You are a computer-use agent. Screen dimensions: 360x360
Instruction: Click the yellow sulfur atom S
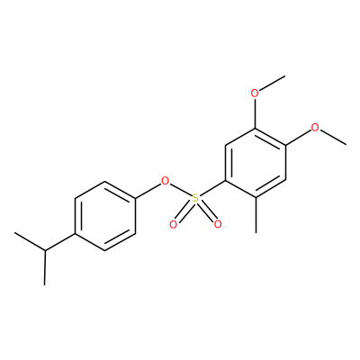[x=195, y=198]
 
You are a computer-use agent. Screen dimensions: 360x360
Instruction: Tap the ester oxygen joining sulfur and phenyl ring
[x=165, y=181]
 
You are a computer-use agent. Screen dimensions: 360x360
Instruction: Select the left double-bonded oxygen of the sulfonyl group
[x=173, y=224]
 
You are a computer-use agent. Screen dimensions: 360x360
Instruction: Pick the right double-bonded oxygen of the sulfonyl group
[x=218, y=224]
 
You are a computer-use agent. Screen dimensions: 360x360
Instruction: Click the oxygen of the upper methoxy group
[x=255, y=94]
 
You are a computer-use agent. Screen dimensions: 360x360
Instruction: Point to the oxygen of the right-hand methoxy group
[x=315, y=128]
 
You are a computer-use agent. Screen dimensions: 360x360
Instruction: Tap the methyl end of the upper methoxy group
[x=284, y=76]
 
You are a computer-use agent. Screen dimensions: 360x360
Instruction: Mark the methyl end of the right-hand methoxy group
[x=346, y=145]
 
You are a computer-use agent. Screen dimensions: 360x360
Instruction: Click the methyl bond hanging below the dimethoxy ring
[x=256, y=215]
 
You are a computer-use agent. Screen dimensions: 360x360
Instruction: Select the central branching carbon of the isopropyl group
[x=45, y=250]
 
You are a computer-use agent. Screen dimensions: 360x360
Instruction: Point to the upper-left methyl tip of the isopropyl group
[x=14, y=232]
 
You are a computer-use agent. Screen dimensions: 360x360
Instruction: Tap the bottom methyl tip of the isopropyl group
[x=45, y=284]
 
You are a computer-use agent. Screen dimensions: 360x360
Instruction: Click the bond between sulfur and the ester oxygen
[x=180, y=190]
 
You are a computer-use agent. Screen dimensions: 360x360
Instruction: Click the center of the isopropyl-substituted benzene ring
[x=105, y=216]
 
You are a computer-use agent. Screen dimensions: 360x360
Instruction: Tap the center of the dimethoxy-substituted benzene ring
[x=256, y=163]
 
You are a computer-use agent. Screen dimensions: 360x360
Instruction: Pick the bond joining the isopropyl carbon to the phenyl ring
[x=60, y=241]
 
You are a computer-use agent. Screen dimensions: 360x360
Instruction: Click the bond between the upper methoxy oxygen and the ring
[x=255, y=113]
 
